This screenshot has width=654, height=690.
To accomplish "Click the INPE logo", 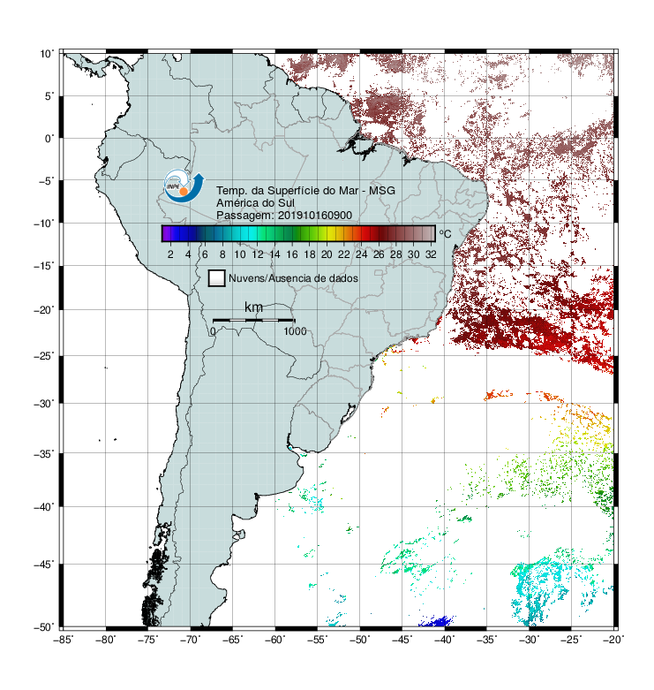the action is point(184,186).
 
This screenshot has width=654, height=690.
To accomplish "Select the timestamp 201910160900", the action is point(315,216).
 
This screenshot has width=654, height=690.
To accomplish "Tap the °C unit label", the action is point(445,233).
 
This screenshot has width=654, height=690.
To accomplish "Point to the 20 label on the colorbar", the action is point(327,254).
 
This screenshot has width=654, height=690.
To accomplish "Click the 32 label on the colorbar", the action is point(431,254).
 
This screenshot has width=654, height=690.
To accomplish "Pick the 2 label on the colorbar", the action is point(170,254).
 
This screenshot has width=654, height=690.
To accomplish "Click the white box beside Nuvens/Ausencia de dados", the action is point(217,278).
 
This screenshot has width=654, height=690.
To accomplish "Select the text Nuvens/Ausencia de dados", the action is point(293,278).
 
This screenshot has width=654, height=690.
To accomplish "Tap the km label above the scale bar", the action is point(253,307).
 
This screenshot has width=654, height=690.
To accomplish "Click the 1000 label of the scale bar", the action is point(295,331).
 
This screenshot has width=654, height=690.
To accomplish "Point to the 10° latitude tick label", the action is point(46,54).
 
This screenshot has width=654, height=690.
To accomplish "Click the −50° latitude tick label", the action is point(44,626).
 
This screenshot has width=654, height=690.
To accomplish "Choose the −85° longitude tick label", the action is point(63,640).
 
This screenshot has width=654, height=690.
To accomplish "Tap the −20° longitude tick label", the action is point(613,640).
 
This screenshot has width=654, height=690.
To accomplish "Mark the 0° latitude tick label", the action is point(49,139).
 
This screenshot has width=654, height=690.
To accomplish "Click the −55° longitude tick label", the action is point(318,640).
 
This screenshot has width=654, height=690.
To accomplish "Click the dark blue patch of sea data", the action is point(436,621).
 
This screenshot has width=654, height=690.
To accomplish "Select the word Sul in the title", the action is point(286,203).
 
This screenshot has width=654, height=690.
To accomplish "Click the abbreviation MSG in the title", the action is point(382,191).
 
